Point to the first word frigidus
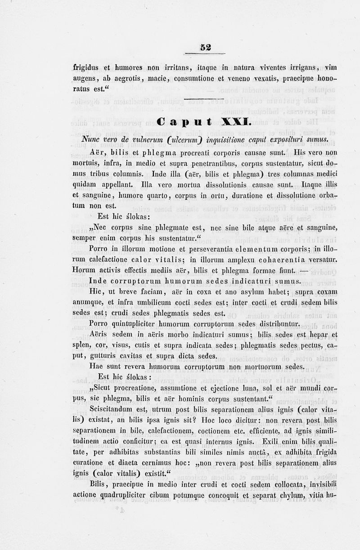pyautogui.click(x=87, y=68)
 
